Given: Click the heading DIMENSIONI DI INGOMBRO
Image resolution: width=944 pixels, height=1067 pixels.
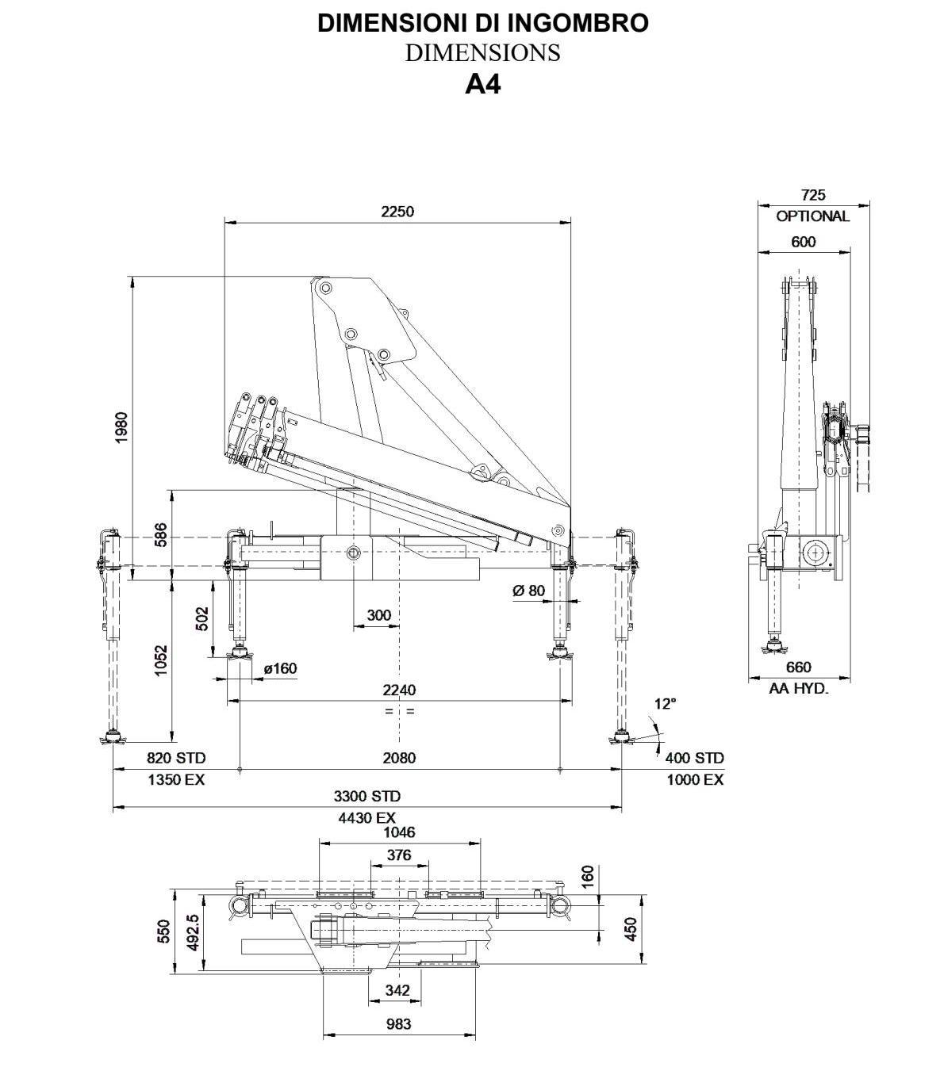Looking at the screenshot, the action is point(483,24).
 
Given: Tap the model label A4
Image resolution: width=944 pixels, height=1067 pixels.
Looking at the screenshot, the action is point(483,84).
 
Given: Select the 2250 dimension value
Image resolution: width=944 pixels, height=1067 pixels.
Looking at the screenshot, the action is point(397,211).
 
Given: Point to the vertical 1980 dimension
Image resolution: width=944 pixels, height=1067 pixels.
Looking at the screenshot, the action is point(121,427).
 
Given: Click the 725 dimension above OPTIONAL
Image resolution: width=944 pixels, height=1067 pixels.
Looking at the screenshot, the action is point(813,195).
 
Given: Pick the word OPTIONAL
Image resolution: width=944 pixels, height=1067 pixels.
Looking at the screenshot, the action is point(813,216).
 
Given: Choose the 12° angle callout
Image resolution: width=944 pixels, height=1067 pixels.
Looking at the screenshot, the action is point(666,704).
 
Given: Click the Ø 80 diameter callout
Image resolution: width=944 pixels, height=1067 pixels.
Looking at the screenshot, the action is point(528,591).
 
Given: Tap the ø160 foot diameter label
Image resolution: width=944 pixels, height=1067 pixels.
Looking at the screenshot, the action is point(280,668).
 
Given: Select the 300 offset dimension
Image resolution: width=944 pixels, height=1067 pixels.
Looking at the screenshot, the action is point(379,614).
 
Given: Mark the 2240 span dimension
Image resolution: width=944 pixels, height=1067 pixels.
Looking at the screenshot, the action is point(399,690).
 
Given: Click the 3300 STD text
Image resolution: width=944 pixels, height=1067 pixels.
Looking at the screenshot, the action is point(366,796).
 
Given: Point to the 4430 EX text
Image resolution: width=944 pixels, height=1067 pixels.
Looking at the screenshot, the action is point(366,818).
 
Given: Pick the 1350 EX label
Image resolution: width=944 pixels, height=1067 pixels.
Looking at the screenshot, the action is point(176,779).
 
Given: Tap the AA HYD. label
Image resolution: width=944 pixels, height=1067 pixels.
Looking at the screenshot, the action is point(799,688).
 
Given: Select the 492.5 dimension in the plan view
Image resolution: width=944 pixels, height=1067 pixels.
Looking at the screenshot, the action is point(194,932).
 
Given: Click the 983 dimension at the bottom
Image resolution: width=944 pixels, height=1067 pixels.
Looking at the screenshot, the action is point(398,1024).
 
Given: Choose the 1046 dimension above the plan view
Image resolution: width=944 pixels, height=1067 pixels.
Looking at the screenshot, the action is point(399,832).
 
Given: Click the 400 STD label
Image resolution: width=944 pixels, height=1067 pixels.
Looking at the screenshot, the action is point(694,758).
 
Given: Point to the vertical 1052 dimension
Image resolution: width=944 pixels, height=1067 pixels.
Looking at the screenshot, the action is point(161,661).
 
